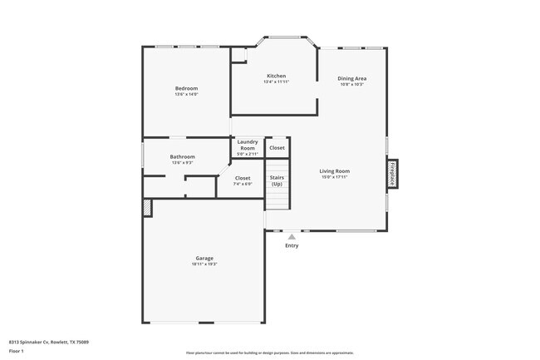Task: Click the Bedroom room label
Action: point(186,89)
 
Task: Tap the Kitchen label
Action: point(276,76)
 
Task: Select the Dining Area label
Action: point(352,79)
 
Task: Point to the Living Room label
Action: point(334,171)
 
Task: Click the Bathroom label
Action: point(183,156)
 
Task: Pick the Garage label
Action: point(204,258)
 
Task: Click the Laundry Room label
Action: point(248,145)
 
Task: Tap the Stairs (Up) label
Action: point(277,180)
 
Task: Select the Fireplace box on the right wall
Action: point(392,173)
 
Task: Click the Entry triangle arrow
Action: point(292,237)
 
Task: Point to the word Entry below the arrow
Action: point(292,245)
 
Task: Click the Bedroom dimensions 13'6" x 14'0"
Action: point(186,94)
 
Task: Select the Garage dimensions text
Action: point(204,264)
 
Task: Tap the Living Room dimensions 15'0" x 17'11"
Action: point(334,177)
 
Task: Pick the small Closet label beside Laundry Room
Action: point(277,148)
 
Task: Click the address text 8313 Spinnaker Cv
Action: point(49,342)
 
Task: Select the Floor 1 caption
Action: point(17,351)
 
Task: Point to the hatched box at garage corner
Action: point(148,207)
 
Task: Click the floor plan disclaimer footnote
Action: point(269,353)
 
